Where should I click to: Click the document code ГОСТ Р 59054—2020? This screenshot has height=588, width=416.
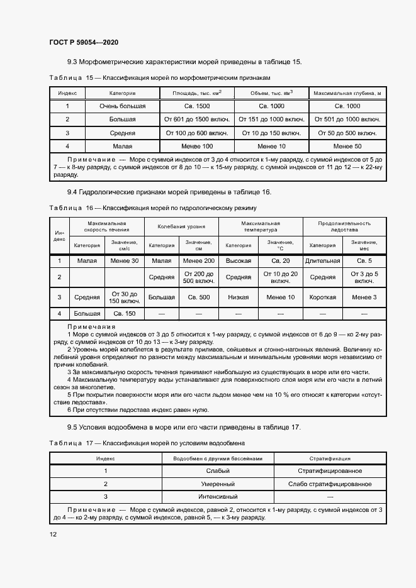click(84, 42)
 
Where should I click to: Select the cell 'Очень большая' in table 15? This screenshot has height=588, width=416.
click(122, 106)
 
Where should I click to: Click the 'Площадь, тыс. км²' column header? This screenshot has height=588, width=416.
click(197, 93)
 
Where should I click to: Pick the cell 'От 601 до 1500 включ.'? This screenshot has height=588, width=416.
click(197, 119)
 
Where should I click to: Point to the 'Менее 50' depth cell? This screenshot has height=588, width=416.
click(348, 146)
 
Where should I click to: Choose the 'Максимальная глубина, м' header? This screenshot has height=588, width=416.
click(348, 93)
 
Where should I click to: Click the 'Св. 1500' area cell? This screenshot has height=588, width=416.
click(197, 106)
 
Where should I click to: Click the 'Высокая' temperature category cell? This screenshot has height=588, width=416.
click(239, 260)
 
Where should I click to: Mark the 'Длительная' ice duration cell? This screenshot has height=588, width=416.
click(322, 260)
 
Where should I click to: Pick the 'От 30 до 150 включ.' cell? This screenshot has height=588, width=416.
click(124, 297)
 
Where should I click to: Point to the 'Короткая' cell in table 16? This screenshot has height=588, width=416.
click(322, 297)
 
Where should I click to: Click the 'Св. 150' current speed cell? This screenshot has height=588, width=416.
click(124, 313)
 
